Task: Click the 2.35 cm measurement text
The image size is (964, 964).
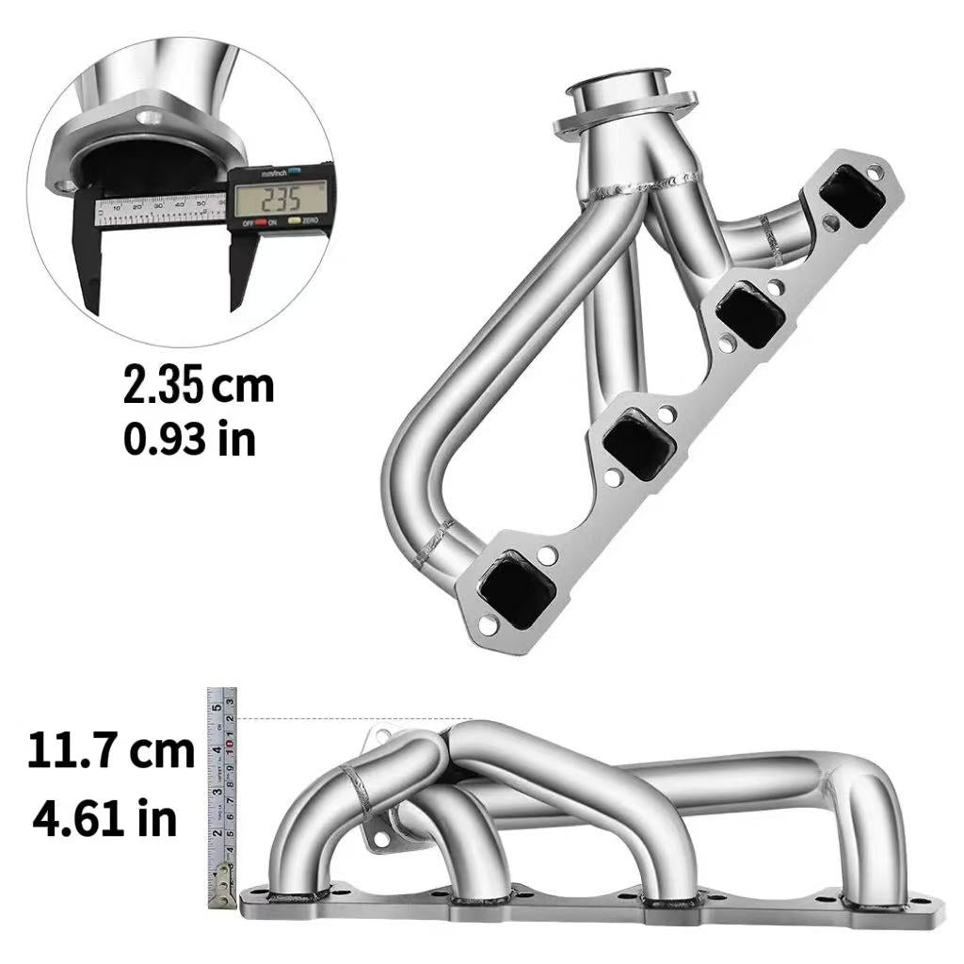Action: point(199,386)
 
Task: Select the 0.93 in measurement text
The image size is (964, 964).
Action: point(188,438)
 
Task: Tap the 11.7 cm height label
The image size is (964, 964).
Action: point(110,751)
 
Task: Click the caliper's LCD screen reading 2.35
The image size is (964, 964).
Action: point(280,199)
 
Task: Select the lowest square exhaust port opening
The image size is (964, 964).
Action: point(515,588)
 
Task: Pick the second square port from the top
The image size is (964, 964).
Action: point(750,313)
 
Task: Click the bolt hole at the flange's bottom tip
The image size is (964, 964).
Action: point(489,624)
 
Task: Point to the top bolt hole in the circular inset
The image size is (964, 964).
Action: point(148,119)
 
